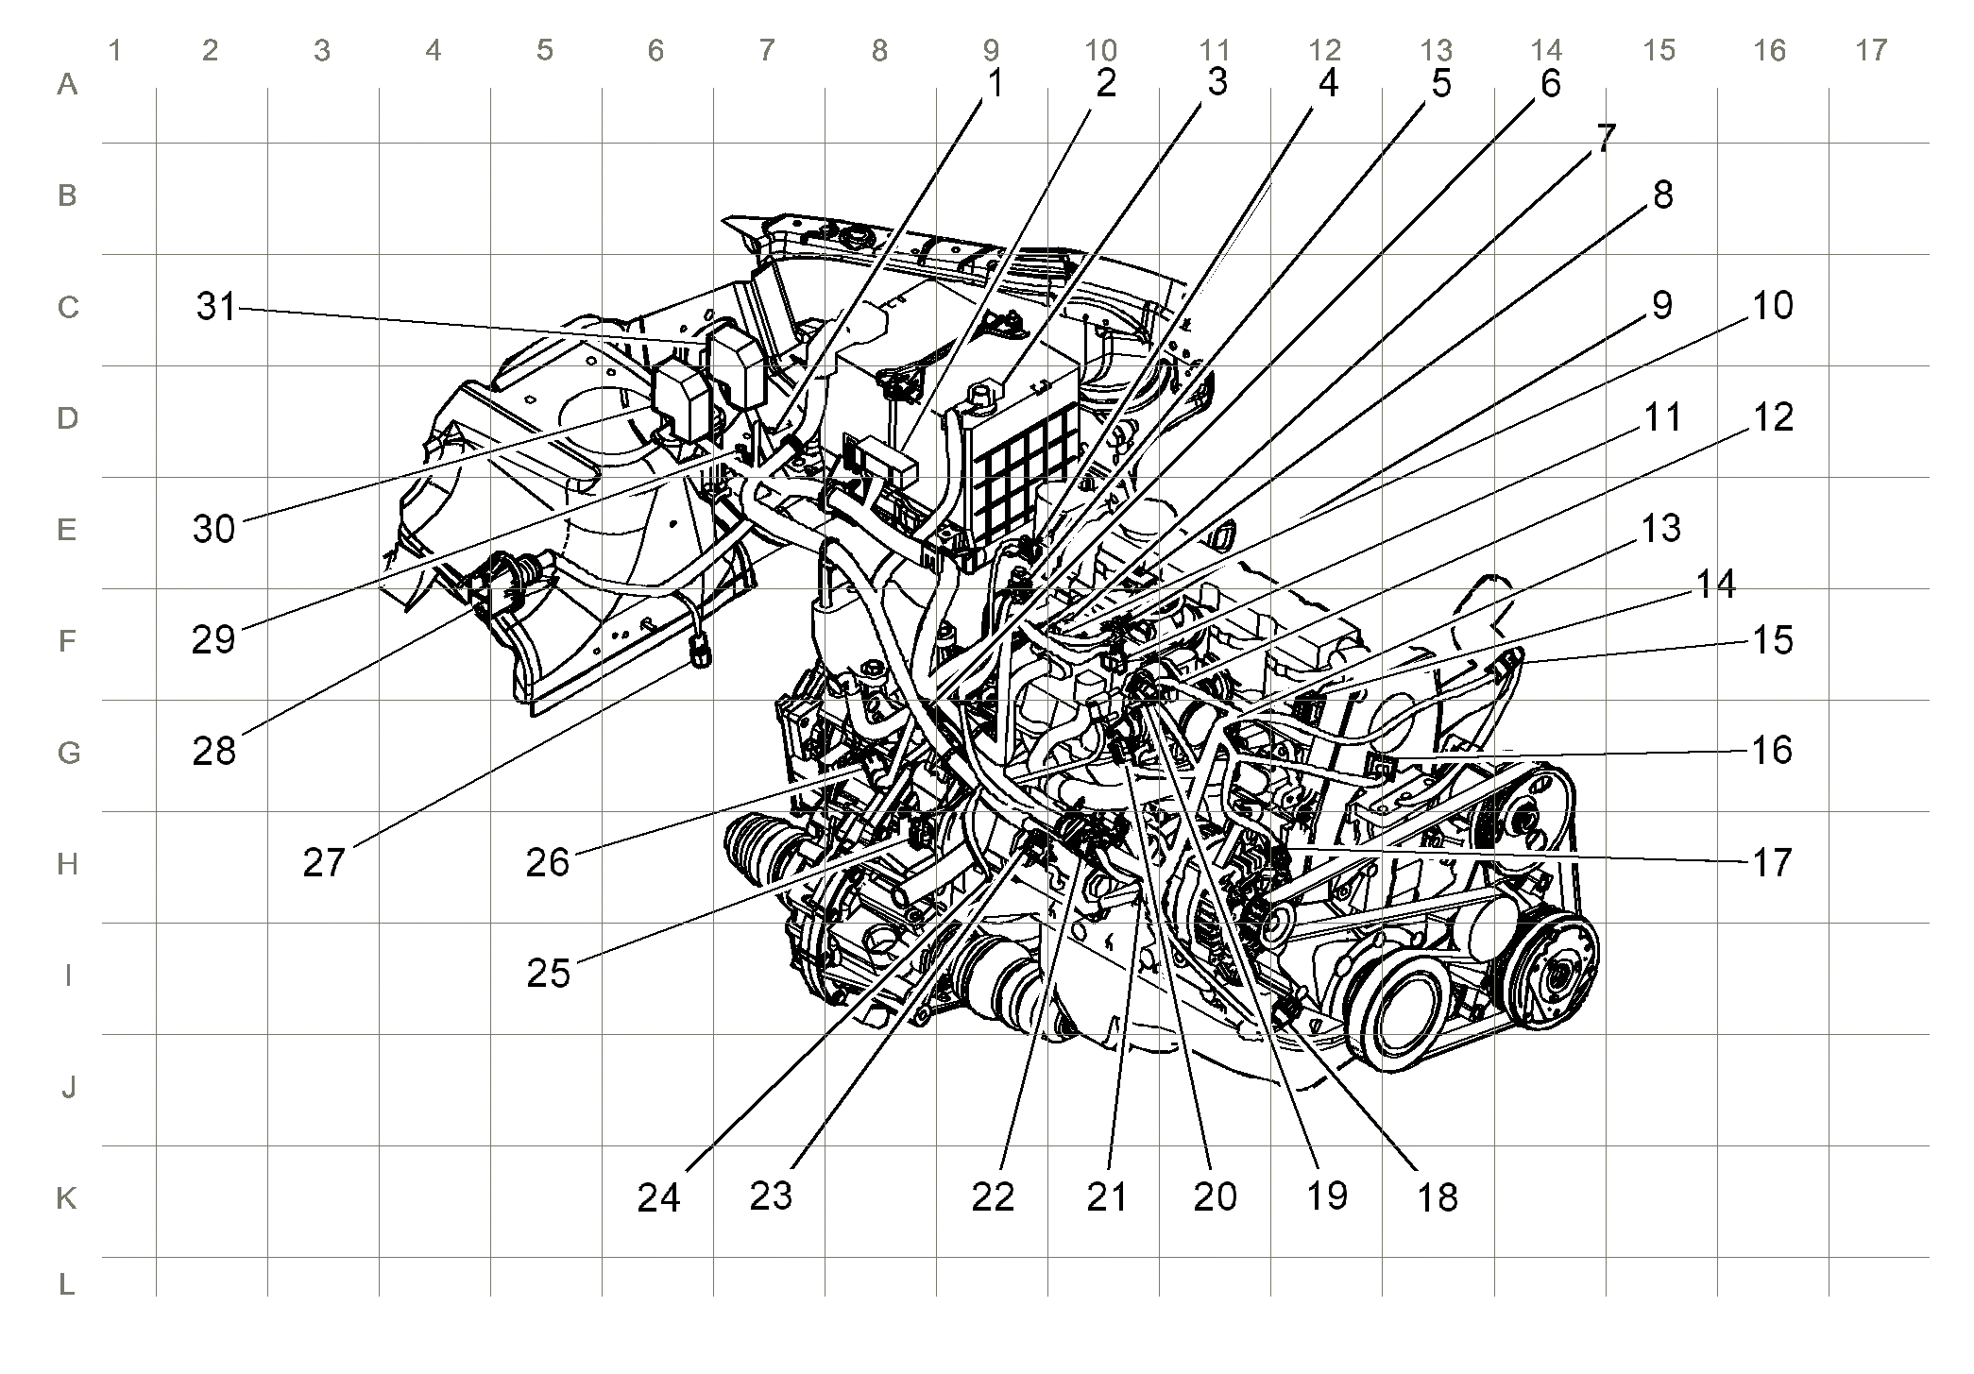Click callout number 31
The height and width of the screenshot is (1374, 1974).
(x=216, y=307)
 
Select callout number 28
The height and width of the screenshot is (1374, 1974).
(x=213, y=752)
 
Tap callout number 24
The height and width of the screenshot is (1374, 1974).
(x=658, y=1197)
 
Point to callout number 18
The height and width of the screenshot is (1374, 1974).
(x=1438, y=1197)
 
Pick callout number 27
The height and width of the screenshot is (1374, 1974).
(x=324, y=862)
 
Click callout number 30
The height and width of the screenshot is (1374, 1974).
(x=213, y=529)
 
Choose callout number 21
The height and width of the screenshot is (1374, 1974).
(x=1107, y=1197)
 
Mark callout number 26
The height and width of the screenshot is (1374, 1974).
(x=548, y=862)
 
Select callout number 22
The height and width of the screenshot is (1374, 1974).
(x=993, y=1197)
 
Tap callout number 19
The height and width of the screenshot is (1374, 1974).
(x=1326, y=1196)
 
